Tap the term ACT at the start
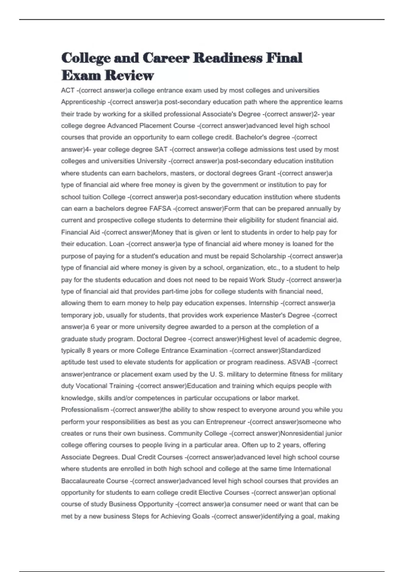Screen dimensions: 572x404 click(68, 91)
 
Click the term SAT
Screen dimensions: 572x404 click(161, 149)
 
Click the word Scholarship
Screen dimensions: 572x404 click(268, 256)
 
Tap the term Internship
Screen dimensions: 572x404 click(264, 303)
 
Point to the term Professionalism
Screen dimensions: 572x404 click(85, 410)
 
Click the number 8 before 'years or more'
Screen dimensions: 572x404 click(89, 351)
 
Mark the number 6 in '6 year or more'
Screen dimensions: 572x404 click(93, 327)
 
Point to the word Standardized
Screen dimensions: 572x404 click(300, 351)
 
